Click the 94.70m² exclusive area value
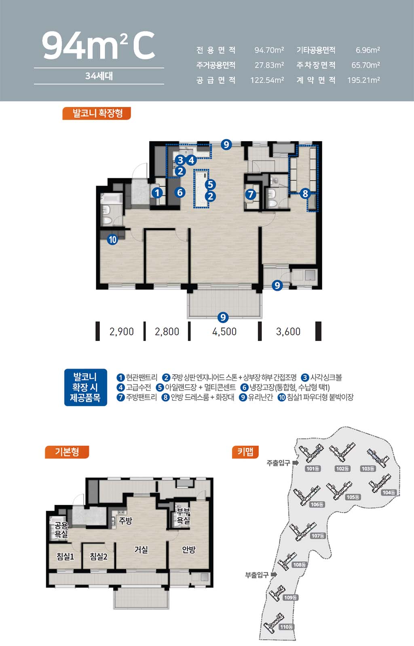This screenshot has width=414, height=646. (269, 50)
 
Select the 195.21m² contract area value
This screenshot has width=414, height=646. (363, 80)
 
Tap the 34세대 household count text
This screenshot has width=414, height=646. (99, 76)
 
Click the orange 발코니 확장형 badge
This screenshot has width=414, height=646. (97, 113)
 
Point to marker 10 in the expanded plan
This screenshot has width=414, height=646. (112, 239)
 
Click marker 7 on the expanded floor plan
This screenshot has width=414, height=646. (251, 194)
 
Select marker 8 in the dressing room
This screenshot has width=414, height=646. (305, 193)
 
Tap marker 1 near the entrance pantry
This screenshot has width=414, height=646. (157, 193)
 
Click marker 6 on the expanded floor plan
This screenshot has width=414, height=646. (180, 192)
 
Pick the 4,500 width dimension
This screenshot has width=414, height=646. (224, 331)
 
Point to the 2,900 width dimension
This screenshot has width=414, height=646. (122, 331)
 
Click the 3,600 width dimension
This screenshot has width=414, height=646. (288, 331)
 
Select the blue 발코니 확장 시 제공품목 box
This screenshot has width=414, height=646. (85, 387)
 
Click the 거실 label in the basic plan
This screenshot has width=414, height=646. (141, 550)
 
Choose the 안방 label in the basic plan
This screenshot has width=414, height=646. (189, 550)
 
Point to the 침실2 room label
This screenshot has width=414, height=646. (99, 556)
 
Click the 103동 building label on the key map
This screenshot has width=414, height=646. (368, 469)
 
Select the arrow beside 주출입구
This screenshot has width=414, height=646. (295, 463)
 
